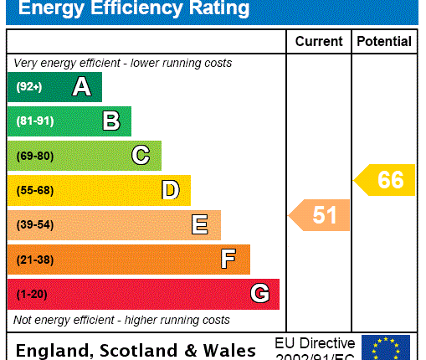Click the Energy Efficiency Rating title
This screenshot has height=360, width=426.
(134, 9)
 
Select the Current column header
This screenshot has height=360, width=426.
(319, 41)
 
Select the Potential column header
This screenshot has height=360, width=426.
(384, 41)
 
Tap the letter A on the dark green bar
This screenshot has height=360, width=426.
(81, 87)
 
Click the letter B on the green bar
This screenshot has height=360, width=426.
(110, 121)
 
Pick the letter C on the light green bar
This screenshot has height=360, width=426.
(141, 156)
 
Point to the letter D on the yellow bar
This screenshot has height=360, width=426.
(170, 190)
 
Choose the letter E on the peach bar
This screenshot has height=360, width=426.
(199, 224)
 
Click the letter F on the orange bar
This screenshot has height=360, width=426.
(228, 260)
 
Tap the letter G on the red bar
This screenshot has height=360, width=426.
(259, 294)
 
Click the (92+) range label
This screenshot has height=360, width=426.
(28, 87)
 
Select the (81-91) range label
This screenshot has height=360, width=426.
(34, 121)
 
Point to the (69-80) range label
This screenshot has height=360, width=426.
(34, 156)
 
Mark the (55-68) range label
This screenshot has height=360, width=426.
(34, 190)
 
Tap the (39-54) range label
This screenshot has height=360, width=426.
(34, 224)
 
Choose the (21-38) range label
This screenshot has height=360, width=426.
(34, 260)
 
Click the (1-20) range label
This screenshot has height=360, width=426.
(32, 294)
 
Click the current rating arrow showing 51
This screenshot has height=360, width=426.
(321, 215)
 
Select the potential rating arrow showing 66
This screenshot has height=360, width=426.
(386, 180)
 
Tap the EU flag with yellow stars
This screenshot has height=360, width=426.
(386, 347)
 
